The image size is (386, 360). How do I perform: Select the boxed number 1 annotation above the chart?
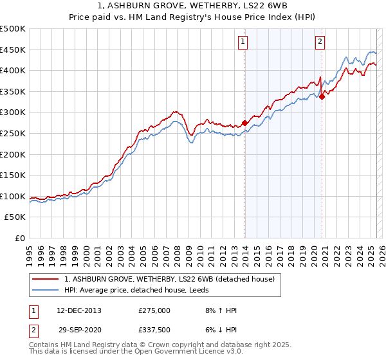[243, 42]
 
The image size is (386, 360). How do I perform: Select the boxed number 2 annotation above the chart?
[320, 42]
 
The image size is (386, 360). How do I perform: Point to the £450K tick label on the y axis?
[13, 50]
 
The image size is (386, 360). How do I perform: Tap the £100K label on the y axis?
[13, 196]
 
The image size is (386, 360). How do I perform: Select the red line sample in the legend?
[46, 278]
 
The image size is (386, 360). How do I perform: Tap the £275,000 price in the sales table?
[154, 310]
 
